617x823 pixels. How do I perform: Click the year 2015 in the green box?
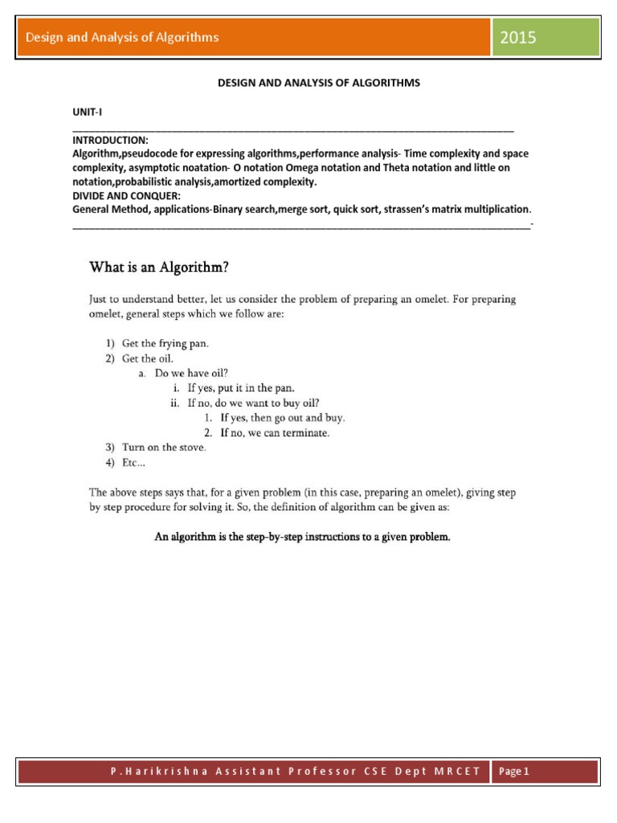point(519,38)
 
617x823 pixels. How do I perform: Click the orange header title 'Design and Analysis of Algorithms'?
point(123,37)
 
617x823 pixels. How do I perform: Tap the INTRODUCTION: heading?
point(110,141)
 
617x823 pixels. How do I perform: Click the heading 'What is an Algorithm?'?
point(163,266)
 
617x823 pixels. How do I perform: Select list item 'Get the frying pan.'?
point(165,343)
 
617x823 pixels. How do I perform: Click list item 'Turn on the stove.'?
point(164,448)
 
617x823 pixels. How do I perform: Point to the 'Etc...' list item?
point(134,463)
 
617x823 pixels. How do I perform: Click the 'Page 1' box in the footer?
point(514,772)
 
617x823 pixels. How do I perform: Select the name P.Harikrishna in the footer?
point(152,772)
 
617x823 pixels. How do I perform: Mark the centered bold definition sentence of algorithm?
point(302,537)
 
